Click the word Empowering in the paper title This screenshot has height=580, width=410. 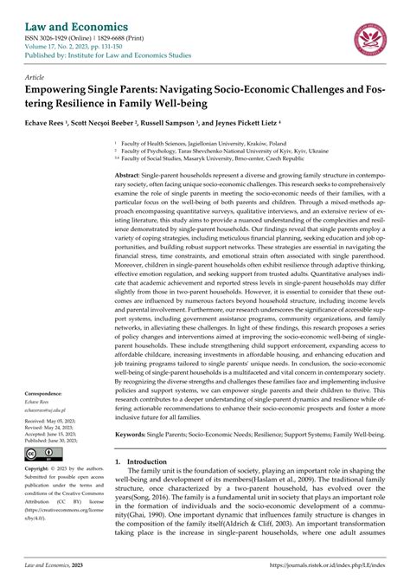(70, 90)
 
